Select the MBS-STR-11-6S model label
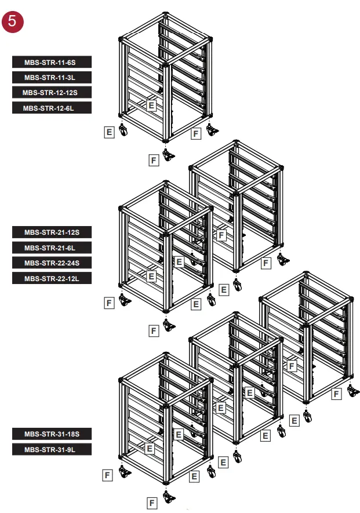(x=52, y=61)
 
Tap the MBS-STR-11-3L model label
(x=52, y=77)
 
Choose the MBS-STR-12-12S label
(x=52, y=92)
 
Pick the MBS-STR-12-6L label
(x=52, y=107)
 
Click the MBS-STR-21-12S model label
(x=52, y=232)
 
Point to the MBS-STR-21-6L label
(x=52, y=248)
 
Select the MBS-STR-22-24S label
(x=52, y=263)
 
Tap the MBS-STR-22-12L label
(x=52, y=278)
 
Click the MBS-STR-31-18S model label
(x=52, y=434)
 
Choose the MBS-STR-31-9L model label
(x=52, y=449)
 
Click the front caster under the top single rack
(x=169, y=155)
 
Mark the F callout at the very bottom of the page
(x=152, y=503)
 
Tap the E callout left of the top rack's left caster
(x=108, y=132)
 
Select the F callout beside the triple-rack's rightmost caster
(x=336, y=394)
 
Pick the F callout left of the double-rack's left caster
(x=108, y=302)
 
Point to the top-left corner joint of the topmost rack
(x=122, y=40)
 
